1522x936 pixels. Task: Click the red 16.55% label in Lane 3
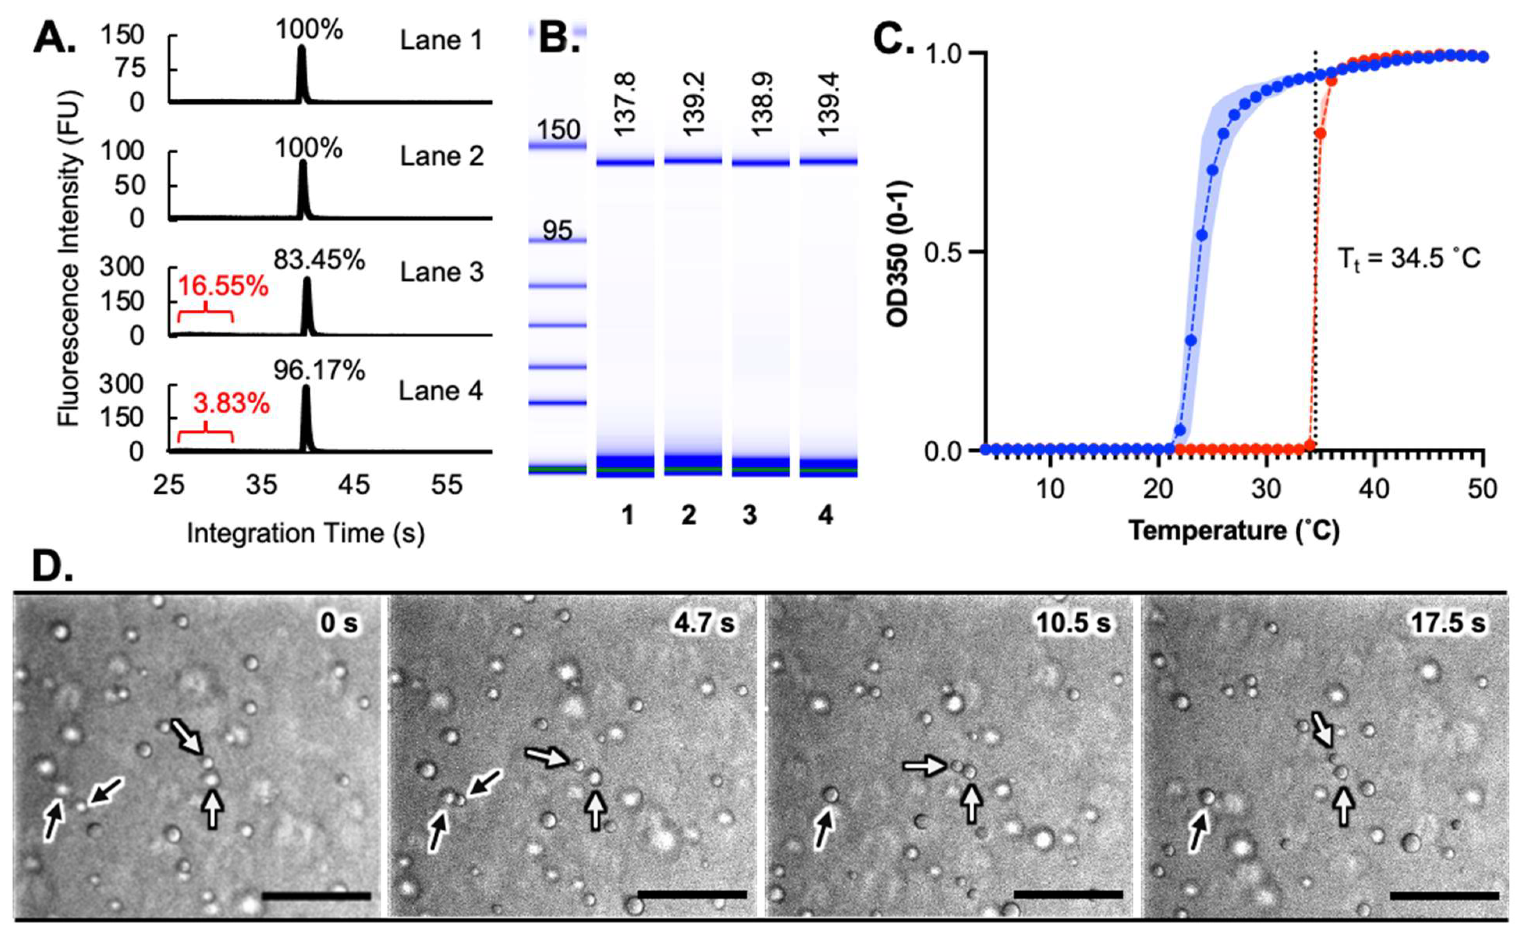(x=224, y=287)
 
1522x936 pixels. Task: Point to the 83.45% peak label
(x=319, y=261)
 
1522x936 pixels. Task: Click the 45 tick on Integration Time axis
(x=354, y=485)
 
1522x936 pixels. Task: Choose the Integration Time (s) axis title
(x=306, y=533)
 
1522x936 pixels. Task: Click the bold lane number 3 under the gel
(x=750, y=515)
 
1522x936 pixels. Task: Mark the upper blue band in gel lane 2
(x=693, y=161)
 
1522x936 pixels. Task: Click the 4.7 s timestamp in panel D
(x=704, y=623)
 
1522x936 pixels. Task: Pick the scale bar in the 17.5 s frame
(x=1444, y=896)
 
